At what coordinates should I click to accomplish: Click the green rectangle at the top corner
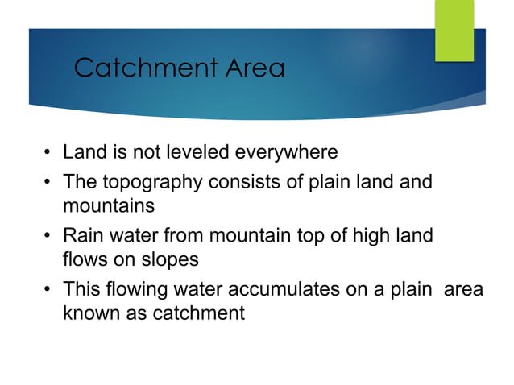[x=454, y=31]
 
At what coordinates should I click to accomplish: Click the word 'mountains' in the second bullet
[x=109, y=205]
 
